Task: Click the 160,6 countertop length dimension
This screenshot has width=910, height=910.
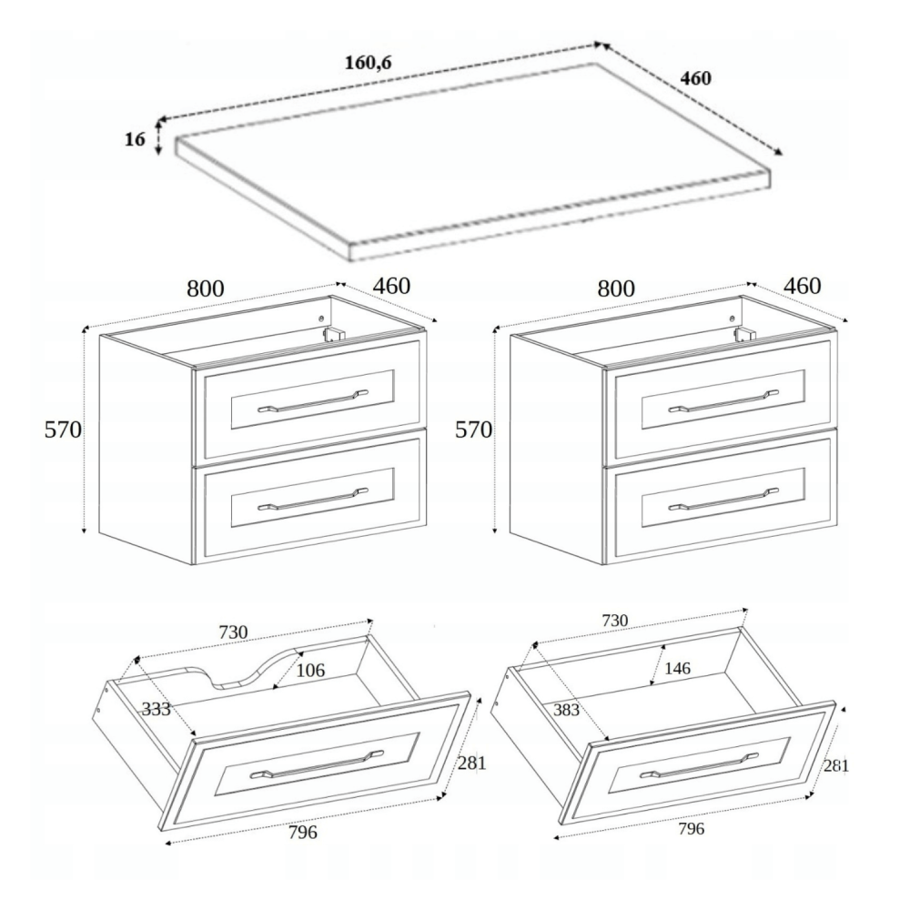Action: (x=369, y=62)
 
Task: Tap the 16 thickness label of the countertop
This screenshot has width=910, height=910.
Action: (x=135, y=139)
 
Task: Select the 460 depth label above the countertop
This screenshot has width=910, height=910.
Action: (x=695, y=77)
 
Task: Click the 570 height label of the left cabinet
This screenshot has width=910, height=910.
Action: (x=64, y=430)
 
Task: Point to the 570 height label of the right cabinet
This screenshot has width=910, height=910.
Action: (x=473, y=430)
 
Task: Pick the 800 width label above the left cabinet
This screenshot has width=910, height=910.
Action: (x=206, y=288)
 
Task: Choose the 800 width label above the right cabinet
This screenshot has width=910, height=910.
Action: (x=616, y=288)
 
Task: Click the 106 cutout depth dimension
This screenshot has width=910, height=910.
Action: (x=310, y=671)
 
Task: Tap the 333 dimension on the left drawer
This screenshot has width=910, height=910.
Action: (x=157, y=709)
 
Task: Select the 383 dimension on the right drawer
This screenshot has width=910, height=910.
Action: (x=566, y=709)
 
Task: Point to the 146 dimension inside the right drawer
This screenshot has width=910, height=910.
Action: (x=677, y=668)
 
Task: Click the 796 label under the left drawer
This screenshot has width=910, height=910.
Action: (x=303, y=833)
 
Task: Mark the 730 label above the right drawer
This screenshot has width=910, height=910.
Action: (x=614, y=621)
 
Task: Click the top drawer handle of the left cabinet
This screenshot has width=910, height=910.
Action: (x=313, y=401)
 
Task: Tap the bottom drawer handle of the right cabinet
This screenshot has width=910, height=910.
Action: (x=723, y=499)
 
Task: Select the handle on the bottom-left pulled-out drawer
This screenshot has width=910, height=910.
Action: (x=317, y=763)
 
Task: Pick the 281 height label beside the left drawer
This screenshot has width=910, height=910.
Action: (x=471, y=763)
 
